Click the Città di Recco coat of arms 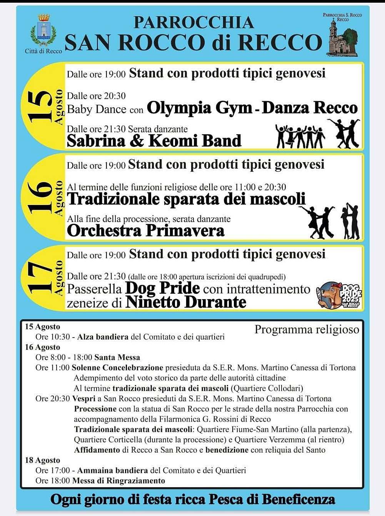pos(43,31)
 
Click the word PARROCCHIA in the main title pos(193,23)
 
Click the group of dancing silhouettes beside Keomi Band pos(300,136)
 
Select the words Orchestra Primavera pos(145,231)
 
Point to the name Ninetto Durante pos(186,303)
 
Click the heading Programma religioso pos(307,330)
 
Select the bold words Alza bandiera pos(103,337)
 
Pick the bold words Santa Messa pos(117,357)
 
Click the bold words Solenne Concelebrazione pos(117,368)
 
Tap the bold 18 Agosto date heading pos(42,460)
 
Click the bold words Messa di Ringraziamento pos(118,481)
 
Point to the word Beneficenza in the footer pos(298,499)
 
